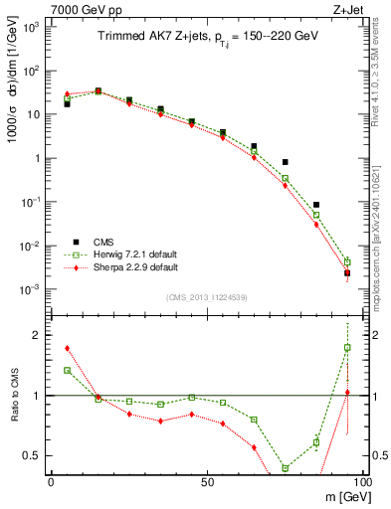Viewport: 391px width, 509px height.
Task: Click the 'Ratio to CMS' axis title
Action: pyautogui.click(x=14, y=396)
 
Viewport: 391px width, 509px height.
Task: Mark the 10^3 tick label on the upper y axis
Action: pyautogui.click(x=32, y=27)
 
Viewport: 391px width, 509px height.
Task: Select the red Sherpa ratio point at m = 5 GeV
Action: pyautogui.click(x=67, y=348)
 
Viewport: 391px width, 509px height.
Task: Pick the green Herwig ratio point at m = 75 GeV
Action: pyautogui.click(x=285, y=467)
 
